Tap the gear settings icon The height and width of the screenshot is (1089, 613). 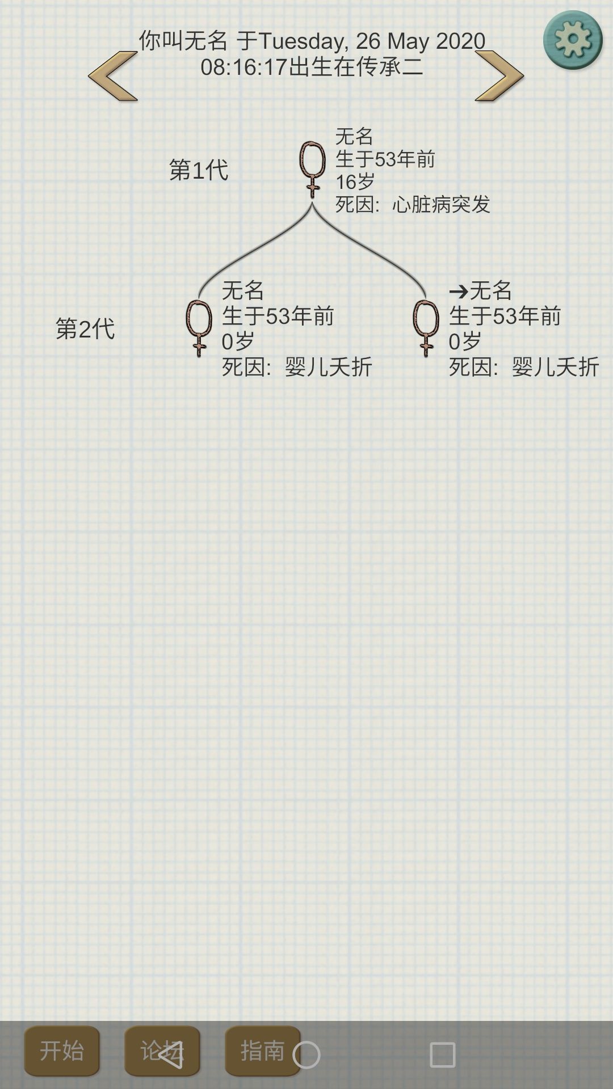point(572,40)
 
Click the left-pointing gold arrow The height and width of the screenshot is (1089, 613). point(113,76)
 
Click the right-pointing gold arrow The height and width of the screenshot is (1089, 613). point(499,76)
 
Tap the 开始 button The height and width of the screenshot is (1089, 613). point(62,1051)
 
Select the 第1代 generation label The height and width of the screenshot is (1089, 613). point(199,170)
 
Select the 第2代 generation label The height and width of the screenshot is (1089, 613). point(85,328)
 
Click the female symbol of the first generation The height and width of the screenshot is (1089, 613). point(312,169)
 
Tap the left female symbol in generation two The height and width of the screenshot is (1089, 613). point(199,328)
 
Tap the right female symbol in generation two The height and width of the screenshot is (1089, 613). point(426,328)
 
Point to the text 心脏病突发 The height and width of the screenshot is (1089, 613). point(441,204)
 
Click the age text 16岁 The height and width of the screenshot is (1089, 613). point(355,181)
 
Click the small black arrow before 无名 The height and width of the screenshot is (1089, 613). point(459,292)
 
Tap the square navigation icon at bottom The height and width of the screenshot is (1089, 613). point(443,1055)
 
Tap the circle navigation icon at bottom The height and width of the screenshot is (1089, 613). point(306,1055)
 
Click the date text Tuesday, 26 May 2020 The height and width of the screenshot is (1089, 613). point(372,41)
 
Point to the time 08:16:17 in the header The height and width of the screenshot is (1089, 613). point(244,67)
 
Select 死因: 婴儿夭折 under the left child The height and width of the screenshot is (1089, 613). point(297,367)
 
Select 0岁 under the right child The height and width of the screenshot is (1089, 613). point(465,341)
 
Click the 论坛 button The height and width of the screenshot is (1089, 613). point(162,1051)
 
